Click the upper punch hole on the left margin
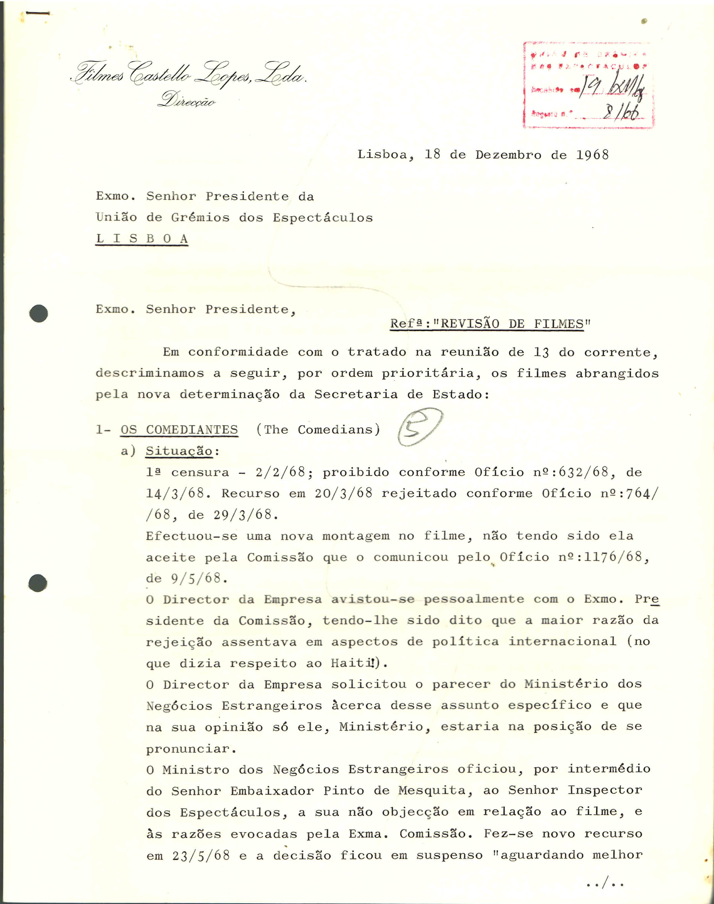click(38, 314)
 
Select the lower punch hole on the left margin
click(38, 583)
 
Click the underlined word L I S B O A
click(142, 239)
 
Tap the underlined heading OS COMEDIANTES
click(179, 430)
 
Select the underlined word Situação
click(179, 451)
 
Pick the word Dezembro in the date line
click(508, 155)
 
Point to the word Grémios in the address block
click(200, 217)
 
